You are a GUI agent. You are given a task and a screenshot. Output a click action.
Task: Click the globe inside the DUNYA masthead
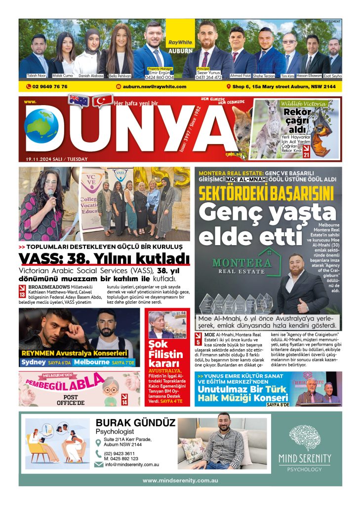tap(41, 125)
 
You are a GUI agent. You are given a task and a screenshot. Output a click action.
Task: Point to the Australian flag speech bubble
tap(79, 101)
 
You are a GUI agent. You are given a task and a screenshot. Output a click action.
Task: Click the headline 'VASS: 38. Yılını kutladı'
tap(104, 258)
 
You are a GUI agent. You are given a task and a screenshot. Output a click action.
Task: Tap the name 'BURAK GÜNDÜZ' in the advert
tap(135, 423)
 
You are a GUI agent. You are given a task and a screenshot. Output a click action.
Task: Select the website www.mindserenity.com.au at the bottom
tap(180, 480)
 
